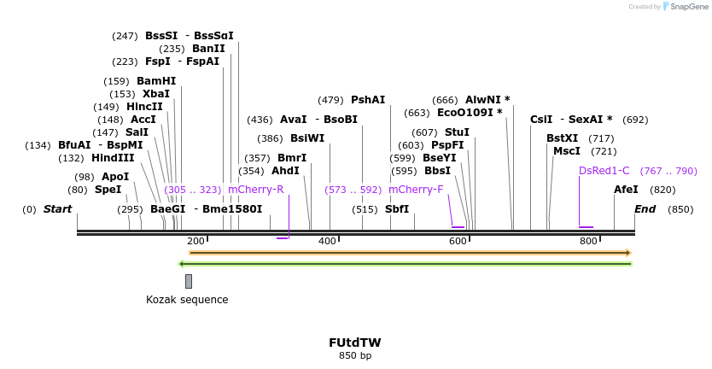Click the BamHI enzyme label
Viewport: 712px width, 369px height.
(x=156, y=81)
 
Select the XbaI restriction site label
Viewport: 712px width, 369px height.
(x=156, y=94)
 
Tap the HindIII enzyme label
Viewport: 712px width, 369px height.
(x=114, y=158)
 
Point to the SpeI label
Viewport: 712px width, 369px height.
(x=108, y=190)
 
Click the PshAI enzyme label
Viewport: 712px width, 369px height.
(x=368, y=100)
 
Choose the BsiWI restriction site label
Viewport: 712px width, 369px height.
(x=307, y=138)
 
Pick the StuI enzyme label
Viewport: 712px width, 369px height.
(x=457, y=132)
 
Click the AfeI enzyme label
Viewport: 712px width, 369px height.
(x=626, y=190)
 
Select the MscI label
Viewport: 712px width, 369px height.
(x=567, y=151)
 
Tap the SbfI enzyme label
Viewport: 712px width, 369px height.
(x=397, y=209)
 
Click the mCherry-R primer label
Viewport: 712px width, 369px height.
(x=255, y=190)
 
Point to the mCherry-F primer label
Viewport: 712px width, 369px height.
(x=416, y=190)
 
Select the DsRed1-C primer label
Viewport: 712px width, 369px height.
(x=604, y=171)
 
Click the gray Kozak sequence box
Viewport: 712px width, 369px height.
(x=189, y=281)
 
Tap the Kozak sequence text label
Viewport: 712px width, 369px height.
(x=187, y=300)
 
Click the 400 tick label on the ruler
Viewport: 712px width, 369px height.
(x=327, y=242)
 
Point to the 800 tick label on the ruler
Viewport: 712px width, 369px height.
(x=588, y=242)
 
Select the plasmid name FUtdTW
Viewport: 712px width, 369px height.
(x=355, y=343)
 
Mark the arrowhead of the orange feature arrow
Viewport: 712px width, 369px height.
(x=627, y=253)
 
